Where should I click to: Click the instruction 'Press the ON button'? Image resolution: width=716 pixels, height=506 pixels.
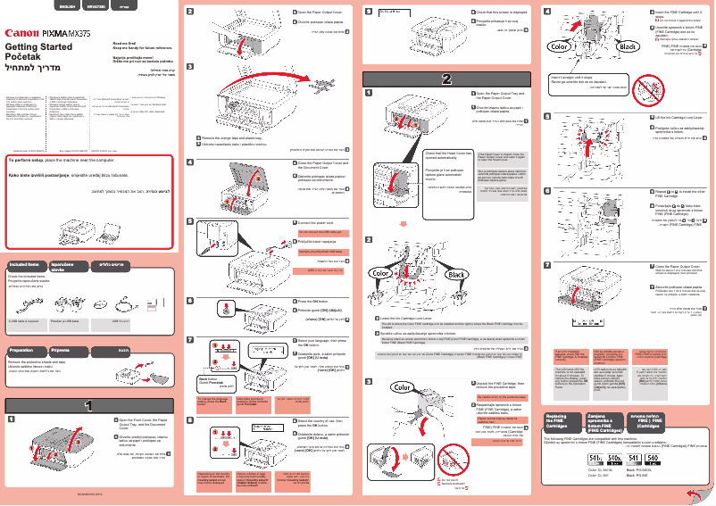click(316, 302)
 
